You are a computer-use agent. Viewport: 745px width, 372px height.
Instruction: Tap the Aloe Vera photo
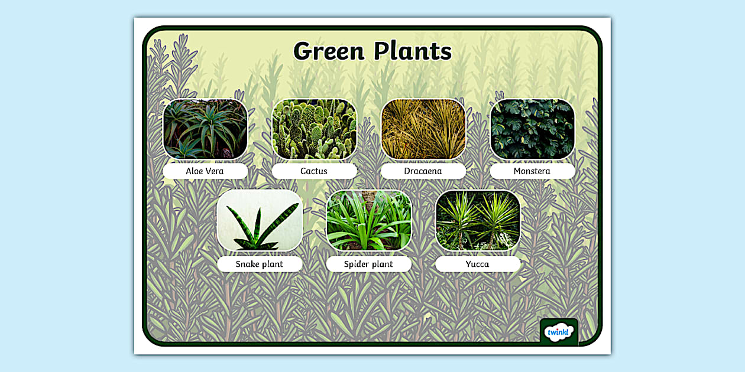[x=205, y=129]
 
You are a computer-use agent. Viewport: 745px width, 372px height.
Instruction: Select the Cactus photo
[x=314, y=129]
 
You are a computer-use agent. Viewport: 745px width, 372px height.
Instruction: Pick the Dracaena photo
[x=423, y=129]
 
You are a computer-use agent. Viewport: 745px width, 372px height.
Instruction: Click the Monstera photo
[x=532, y=129]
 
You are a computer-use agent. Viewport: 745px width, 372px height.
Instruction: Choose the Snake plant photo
[x=260, y=220]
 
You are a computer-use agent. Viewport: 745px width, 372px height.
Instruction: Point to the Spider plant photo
[x=368, y=220]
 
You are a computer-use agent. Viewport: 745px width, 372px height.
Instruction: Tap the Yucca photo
[x=478, y=220]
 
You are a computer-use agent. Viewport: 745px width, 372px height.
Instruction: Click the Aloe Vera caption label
[x=205, y=171]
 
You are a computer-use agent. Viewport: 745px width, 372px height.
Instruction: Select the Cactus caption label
[x=314, y=171]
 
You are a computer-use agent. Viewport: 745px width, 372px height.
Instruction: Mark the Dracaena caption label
[x=423, y=171]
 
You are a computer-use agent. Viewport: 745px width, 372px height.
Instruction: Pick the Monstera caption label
[x=532, y=171]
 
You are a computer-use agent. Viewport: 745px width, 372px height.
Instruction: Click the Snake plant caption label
[x=260, y=264]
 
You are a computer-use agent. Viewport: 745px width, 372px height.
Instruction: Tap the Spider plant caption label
[x=368, y=264]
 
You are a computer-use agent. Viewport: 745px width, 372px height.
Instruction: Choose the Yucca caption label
[x=478, y=264]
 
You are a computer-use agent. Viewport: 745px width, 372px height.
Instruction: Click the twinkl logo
[x=558, y=332]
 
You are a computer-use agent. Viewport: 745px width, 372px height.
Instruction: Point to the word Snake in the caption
[x=248, y=264]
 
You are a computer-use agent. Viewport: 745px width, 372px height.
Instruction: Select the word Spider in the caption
[x=357, y=264]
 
